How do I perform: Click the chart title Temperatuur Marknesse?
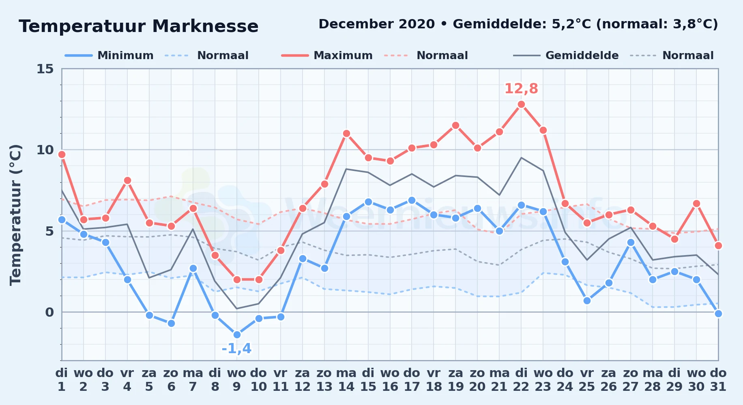[x=139, y=26]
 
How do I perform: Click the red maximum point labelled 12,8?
[x=521, y=104]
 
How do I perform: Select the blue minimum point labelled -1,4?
[x=237, y=335]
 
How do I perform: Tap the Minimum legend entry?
[x=109, y=55]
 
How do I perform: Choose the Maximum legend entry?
[x=327, y=55]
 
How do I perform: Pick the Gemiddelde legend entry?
[x=566, y=55]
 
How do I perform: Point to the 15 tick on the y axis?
[x=45, y=69]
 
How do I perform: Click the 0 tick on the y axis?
[x=49, y=312]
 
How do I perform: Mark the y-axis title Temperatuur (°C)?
[x=15, y=215]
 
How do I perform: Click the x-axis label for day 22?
[x=521, y=379]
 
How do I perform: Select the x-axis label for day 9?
[x=237, y=379]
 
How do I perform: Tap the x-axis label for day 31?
[x=718, y=379]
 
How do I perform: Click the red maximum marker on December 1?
[x=62, y=155]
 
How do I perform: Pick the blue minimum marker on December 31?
[x=718, y=313]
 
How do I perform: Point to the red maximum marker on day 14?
[x=346, y=134]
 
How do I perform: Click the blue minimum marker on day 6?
[x=171, y=323]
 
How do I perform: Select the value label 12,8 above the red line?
[x=521, y=89]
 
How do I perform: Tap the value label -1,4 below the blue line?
[x=237, y=348]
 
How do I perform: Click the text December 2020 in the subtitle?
[x=377, y=24]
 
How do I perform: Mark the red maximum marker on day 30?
[x=696, y=203]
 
